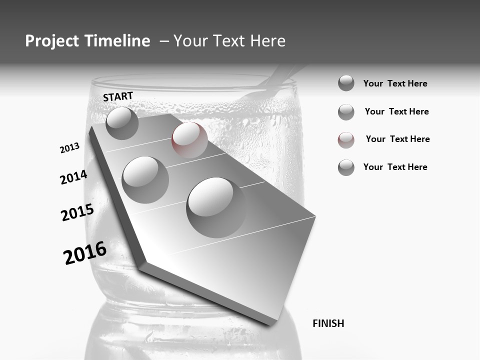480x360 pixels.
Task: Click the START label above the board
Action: (118, 96)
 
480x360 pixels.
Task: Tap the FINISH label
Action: (328, 323)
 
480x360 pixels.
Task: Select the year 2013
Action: (69, 148)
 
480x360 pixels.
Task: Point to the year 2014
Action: (73, 177)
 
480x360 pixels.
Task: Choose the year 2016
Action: (85, 253)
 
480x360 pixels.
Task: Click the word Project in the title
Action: (51, 41)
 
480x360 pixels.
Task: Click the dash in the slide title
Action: (164, 41)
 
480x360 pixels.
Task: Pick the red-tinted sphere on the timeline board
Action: (189, 139)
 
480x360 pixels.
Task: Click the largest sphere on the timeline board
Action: (215, 206)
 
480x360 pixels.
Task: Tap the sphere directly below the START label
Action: (122, 123)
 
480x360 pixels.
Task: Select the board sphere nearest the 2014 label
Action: (145, 179)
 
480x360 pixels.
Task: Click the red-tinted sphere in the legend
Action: (346, 140)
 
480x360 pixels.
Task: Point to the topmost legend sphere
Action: (346, 83)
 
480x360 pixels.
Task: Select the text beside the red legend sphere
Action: (397, 139)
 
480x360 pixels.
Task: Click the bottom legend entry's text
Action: (395, 167)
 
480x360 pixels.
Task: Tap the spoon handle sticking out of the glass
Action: (282, 78)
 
